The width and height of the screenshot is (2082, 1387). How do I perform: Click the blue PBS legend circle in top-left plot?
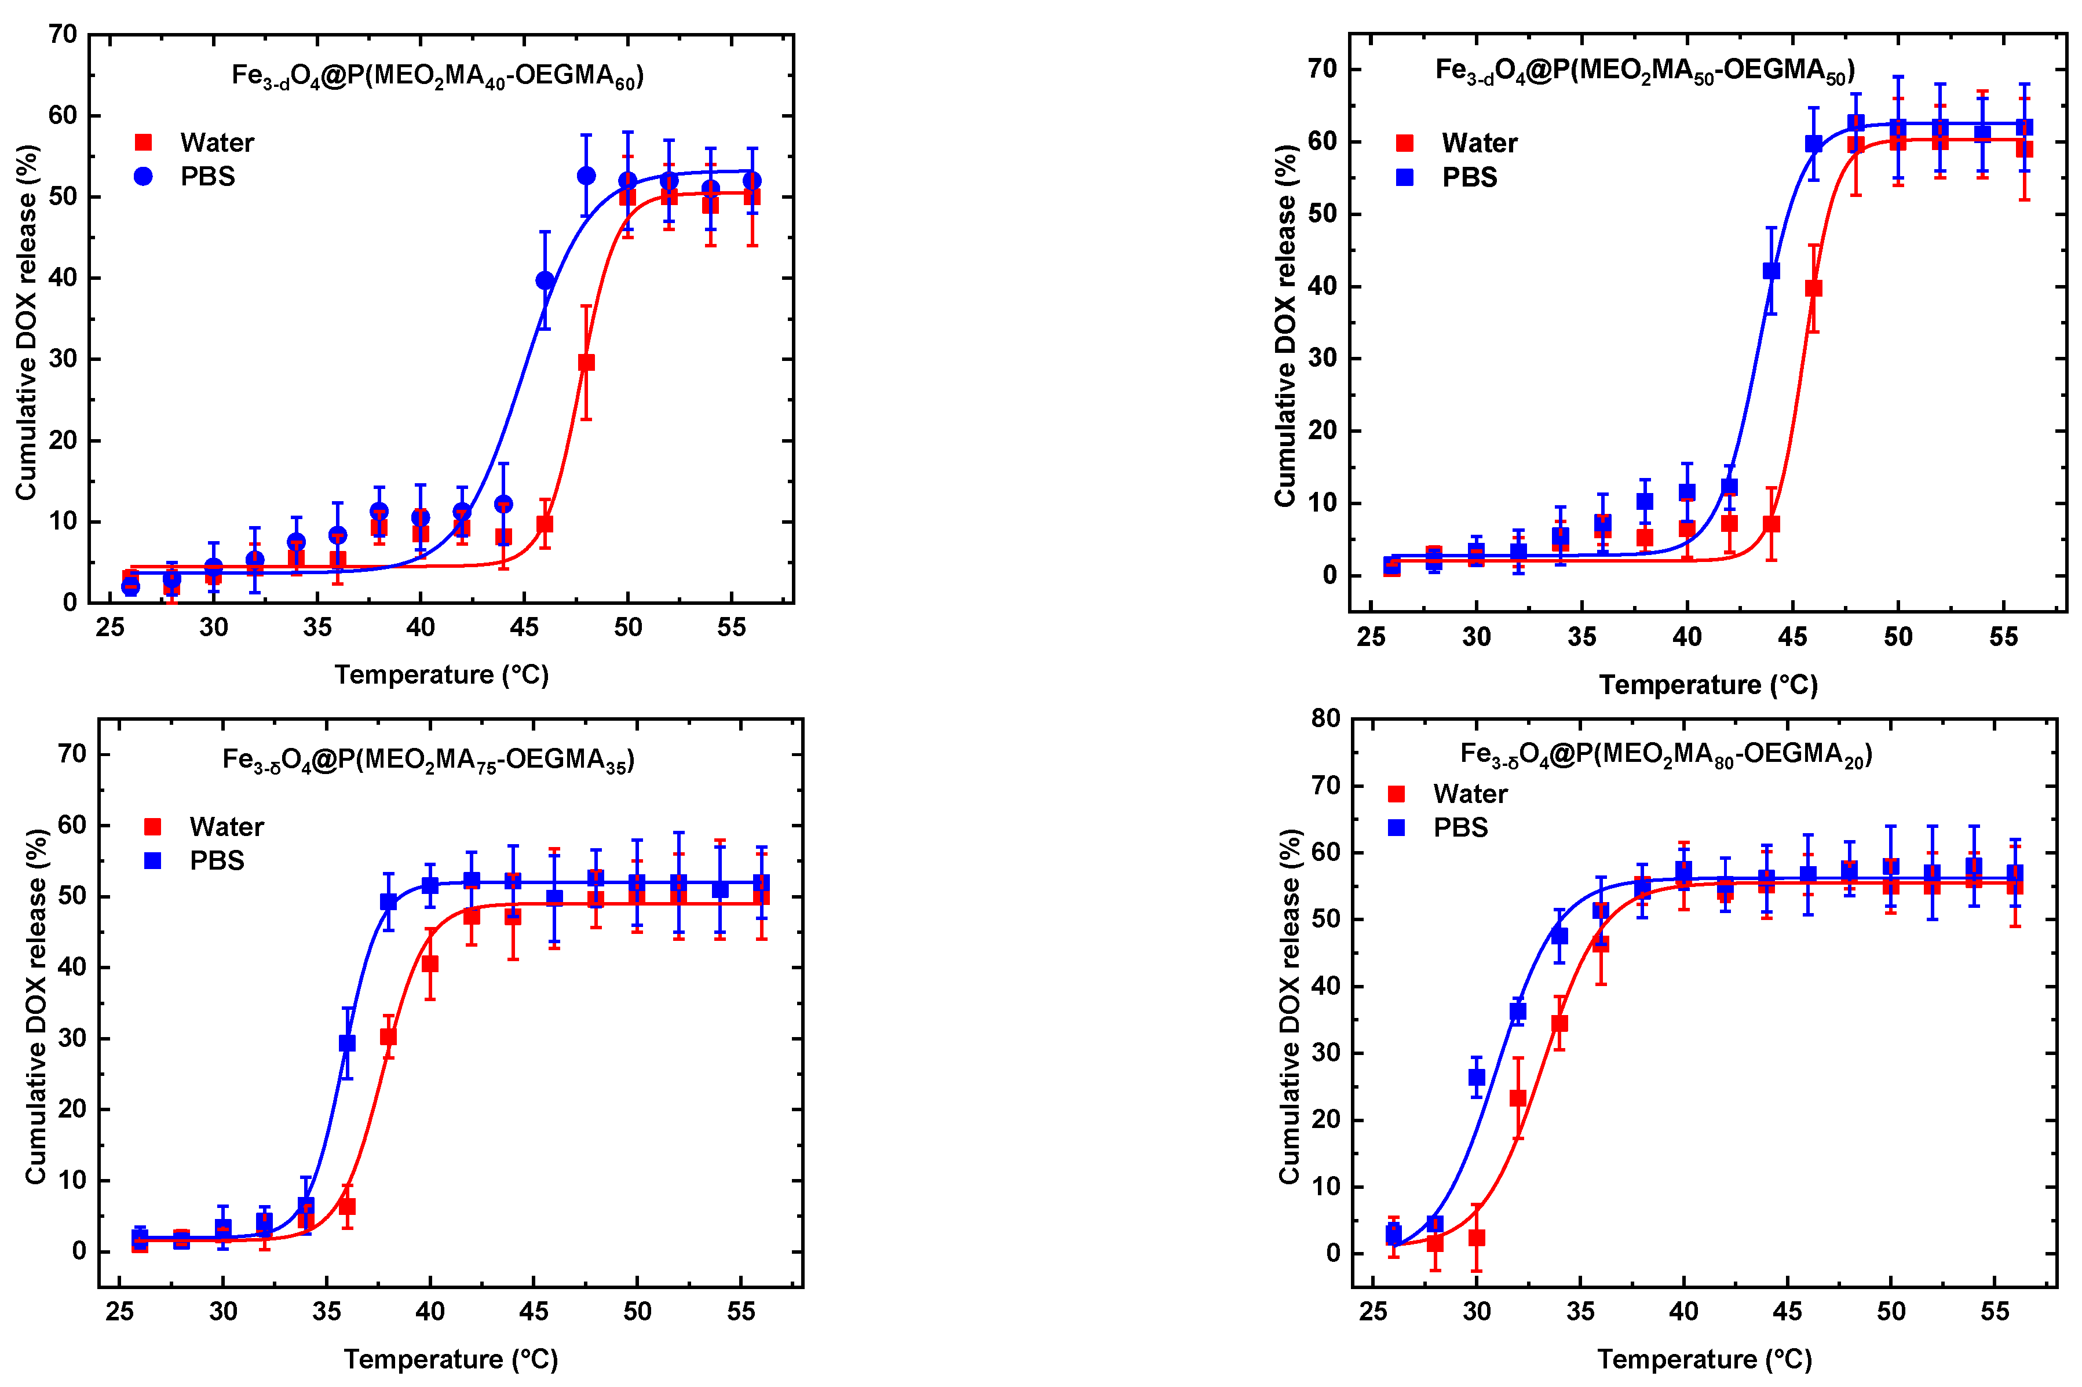143,176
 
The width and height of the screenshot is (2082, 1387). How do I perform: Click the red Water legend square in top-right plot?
1404,143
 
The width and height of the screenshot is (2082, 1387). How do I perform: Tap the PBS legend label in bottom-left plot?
217,861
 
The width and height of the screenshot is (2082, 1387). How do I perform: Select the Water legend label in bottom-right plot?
1470,794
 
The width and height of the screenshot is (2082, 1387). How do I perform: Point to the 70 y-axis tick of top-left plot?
63,35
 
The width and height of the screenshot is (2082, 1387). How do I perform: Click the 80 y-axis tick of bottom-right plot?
1326,718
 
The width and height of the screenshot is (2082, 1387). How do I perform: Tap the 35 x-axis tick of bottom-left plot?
326,1312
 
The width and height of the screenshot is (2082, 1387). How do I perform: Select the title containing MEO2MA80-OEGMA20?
1665,754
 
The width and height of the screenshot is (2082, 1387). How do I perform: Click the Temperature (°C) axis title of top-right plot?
1708,685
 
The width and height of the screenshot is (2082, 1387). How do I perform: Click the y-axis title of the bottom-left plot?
35,1006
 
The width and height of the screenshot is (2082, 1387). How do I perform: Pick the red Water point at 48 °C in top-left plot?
586,363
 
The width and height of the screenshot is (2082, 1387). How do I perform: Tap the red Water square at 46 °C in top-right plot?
1813,289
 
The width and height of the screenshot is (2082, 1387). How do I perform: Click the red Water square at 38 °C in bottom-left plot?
388,1036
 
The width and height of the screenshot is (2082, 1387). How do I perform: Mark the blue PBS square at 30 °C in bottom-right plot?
1476,1078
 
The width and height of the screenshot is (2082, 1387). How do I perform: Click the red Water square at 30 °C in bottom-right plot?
1476,1238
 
